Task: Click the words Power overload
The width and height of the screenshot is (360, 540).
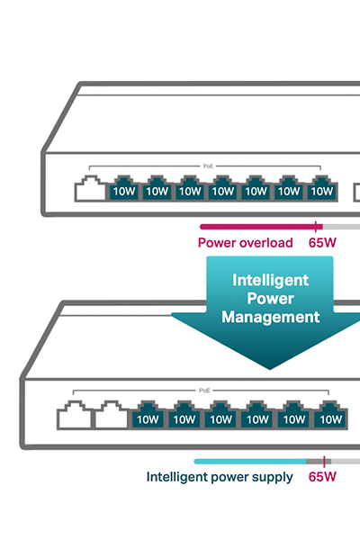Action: (x=246, y=243)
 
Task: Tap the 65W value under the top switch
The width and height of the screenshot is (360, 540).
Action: (x=322, y=243)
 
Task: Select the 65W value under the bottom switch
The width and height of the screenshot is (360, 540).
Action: (x=322, y=477)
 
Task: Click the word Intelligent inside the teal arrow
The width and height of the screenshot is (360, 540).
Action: (x=270, y=280)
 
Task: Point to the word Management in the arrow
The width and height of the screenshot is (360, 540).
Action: (x=270, y=317)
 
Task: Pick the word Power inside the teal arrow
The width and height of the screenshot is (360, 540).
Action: (x=270, y=298)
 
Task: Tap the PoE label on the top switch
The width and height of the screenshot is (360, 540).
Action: (x=208, y=166)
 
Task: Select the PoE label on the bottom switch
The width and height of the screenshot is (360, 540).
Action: (x=204, y=391)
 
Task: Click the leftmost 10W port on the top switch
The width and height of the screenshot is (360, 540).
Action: (x=124, y=188)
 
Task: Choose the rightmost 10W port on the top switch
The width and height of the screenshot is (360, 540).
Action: (x=322, y=188)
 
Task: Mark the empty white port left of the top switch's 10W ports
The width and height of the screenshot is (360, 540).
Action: (x=90, y=188)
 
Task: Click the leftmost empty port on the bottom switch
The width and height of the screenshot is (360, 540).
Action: (x=74, y=415)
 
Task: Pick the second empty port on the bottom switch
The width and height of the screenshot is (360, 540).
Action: (x=111, y=415)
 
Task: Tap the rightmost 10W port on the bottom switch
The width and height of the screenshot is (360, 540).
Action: (x=330, y=415)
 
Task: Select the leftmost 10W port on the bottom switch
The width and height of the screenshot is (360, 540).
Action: (x=148, y=415)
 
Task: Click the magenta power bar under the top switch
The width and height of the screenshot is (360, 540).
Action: (x=261, y=227)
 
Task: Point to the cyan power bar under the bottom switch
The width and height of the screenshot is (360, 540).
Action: (x=250, y=462)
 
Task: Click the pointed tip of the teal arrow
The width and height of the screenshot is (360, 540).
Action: (x=270, y=369)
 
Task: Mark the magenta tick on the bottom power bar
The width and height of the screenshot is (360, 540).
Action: (x=324, y=462)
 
